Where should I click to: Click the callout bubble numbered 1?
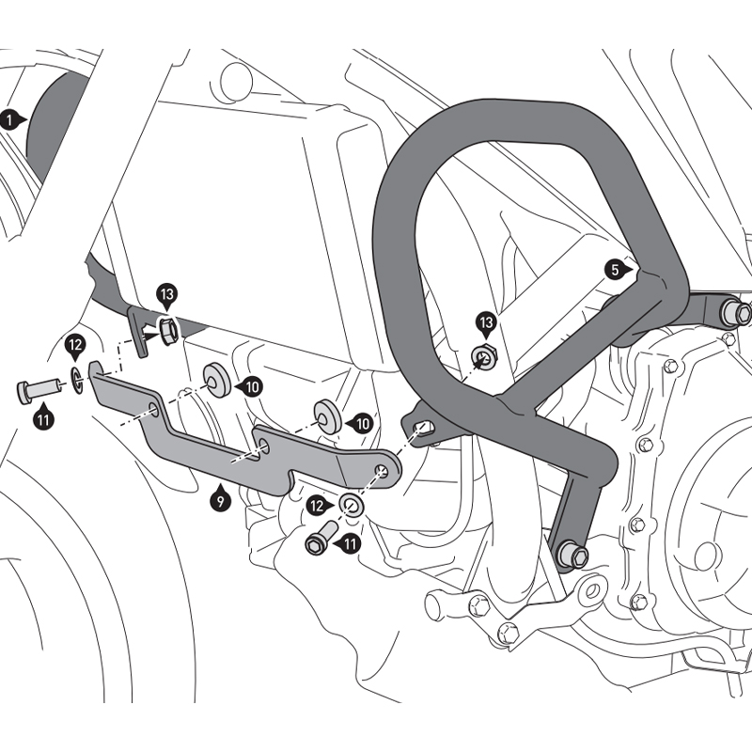coord(10,119)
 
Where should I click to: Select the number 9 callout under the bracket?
coord(219,503)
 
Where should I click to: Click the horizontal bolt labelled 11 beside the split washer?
coord(34,390)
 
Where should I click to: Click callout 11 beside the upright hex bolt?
coord(350,542)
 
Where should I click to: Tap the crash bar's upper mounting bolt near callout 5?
coord(734,312)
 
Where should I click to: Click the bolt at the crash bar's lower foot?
coord(572,555)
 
